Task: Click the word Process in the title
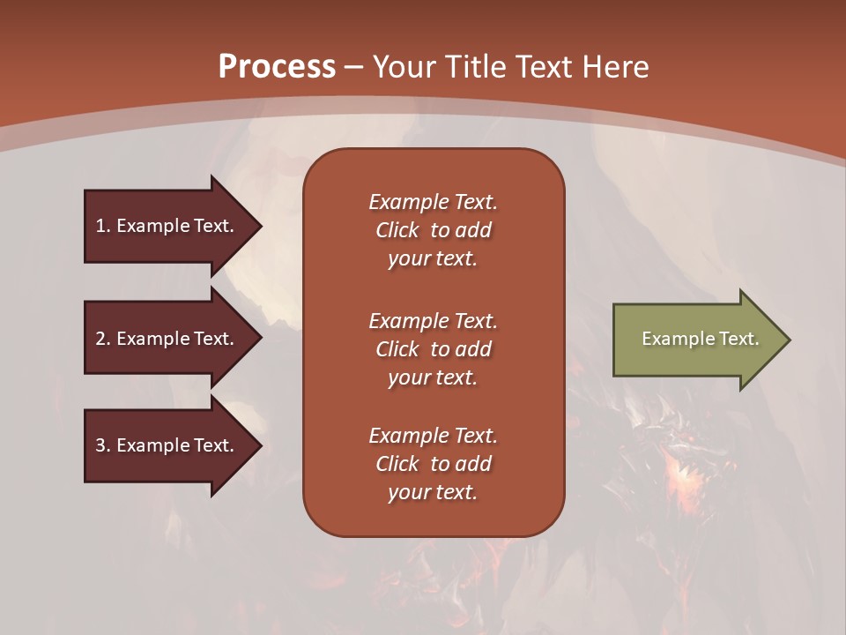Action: [277, 67]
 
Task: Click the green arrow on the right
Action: [696, 340]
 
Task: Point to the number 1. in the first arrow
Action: [103, 226]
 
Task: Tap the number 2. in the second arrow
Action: [103, 339]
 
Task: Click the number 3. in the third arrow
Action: [103, 445]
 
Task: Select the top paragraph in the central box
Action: [433, 230]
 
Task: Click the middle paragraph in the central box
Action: [433, 349]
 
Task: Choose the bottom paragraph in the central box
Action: [433, 464]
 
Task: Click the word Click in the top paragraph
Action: [397, 230]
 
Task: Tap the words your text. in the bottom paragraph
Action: [433, 492]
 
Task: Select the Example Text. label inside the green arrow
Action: [700, 339]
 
